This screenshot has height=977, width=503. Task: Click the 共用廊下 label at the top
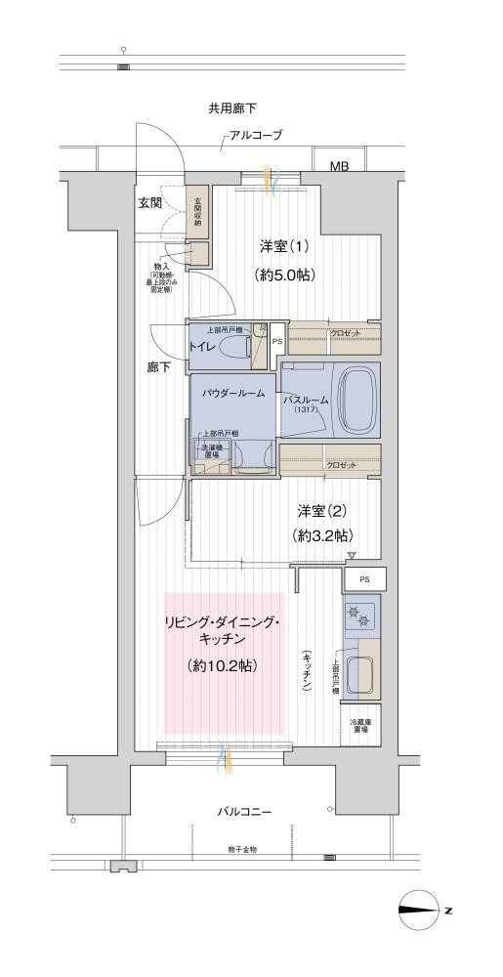[x=232, y=108]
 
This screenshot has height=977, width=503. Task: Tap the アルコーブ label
[x=256, y=136]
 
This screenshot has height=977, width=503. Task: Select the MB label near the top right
[x=339, y=167]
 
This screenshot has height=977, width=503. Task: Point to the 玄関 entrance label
[x=150, y=203]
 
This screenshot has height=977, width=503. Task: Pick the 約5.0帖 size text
[x=284, y=275]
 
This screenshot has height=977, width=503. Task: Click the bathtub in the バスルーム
[x=349, y=400]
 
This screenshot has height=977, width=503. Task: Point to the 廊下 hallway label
[x=158, y=368]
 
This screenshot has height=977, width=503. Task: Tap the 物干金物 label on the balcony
[x=240, y=850]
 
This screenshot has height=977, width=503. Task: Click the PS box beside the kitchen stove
[x=364, y=579]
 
